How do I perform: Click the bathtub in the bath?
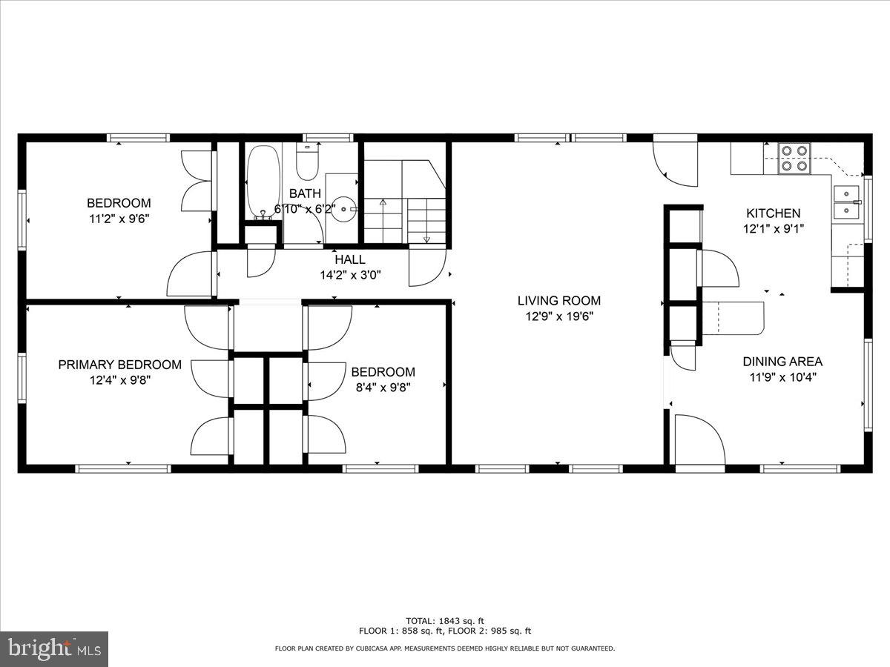(263, 180)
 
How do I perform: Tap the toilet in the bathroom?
(307, 159)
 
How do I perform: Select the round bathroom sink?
(343, 210)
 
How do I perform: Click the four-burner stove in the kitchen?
(794, 159)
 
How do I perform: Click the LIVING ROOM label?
(558, 301)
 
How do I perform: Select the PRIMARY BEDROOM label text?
(119, 365)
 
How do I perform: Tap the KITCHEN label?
(773, 213)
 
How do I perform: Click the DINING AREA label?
(782, 362)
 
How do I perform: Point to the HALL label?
(349, 260)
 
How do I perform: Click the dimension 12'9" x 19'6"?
(558, 316)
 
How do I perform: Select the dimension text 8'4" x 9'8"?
(383, 387)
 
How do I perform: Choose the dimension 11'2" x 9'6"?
(119, 219)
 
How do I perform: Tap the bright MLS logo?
(54, 649)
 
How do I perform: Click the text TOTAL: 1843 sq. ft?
(445, 621)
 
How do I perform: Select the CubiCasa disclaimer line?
(445, 648)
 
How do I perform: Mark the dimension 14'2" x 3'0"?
(349, 275)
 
